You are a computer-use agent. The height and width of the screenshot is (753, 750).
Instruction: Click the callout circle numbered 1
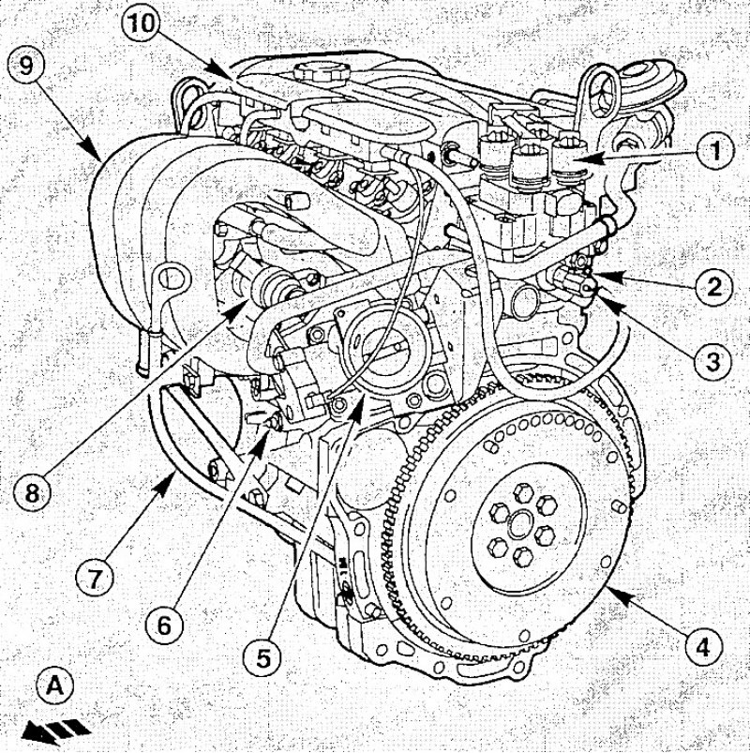pos(715,149)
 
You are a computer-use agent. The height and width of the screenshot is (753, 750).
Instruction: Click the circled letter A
pos(55,687)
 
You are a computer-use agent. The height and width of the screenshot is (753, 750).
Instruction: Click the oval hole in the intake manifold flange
pos(168,278)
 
